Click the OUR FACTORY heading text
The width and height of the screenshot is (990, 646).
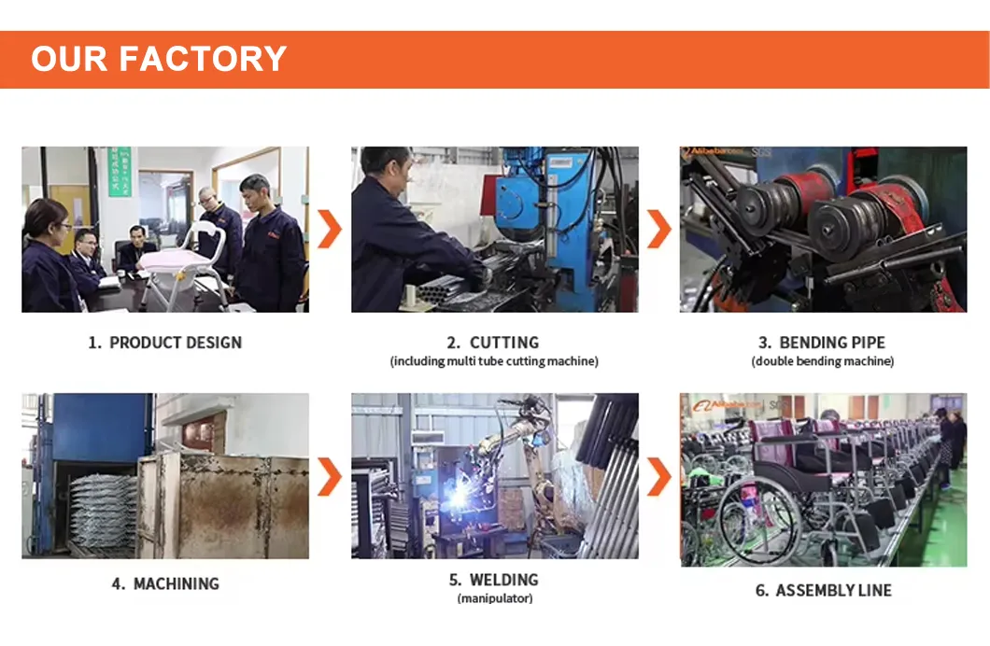pyautogui.click(x=159, y=59)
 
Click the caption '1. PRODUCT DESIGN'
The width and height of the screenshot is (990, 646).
pyautogui.click(x=165, y=343)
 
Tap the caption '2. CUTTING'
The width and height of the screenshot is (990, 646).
pyautogui.click(x=494, y=343)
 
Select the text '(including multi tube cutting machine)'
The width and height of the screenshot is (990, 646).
pyautogui.click(x=494, y=361)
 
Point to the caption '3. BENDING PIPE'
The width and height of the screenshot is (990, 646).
pyautogui.click(x=822, y=343)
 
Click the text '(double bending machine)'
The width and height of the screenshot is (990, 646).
pyautogui.click(x=822, y=361)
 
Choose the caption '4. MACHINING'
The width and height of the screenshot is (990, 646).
pyautogui.click(x=165, y=583)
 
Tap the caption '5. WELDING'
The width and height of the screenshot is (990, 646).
pyautogui.click(x=494, y=580)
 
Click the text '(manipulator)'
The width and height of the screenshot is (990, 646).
pyautogui.click(x=494, y=598)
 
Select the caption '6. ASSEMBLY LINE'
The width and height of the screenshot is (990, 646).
pyautogui.click(x=823, y=590)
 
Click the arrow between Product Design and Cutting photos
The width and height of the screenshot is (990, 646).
pyautogui.click(x=330, y=230)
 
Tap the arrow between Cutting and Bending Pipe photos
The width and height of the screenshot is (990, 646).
pyautogui.click(x=659, y=230)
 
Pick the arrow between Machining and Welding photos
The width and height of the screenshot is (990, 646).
pyautogui.click(x=330, y=476)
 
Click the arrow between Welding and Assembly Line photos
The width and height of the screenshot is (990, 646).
pyautogui.click(x=659, y=476)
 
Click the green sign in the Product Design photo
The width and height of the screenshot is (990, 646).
pyautogui.click(x=120, y=172)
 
